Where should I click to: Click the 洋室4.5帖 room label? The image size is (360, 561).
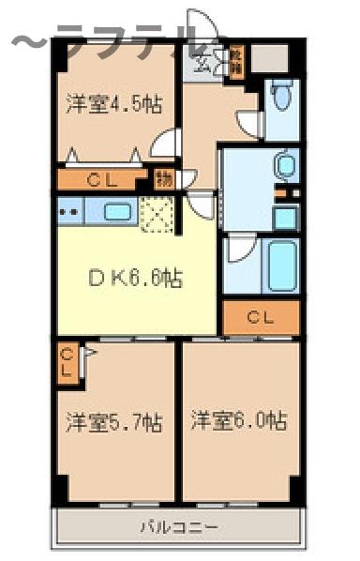[x=109, y=104]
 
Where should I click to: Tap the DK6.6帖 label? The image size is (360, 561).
[x=135, y=278]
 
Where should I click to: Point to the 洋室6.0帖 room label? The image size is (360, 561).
[x=239, y=421]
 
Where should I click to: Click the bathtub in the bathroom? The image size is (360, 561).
[x=282, y=265]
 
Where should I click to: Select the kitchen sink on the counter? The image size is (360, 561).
[x=117, y=211]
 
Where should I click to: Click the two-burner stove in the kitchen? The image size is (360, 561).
[x=68, y=211]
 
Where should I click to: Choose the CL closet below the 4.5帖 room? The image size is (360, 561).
[x=104, y=179]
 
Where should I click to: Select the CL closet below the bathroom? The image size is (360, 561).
[x=261, y=318]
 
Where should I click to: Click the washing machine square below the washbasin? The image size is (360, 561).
[x=285, y=218]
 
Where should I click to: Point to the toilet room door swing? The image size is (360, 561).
[x=248, y=123]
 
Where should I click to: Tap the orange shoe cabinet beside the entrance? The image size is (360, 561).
[x=236, y=63]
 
